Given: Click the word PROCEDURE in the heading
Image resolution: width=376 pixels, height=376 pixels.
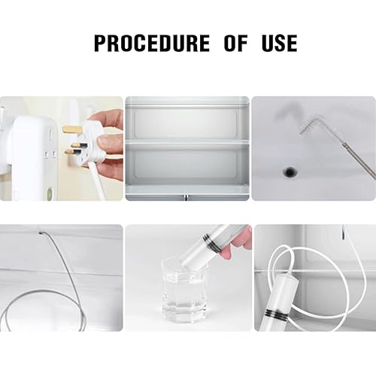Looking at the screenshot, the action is point(152,44).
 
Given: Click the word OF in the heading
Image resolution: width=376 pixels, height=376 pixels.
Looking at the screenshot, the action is point(235,44).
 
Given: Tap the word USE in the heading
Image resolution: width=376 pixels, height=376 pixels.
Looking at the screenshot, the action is point(280,44).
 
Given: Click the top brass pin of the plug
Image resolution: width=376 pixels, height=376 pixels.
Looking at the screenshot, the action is point(73,129).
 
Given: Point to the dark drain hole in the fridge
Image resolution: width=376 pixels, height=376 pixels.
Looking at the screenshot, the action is point(290,171).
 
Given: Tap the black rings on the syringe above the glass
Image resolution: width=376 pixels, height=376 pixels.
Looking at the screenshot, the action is point(212,242).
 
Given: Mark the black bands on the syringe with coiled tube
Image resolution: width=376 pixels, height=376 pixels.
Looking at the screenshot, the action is point(276,314).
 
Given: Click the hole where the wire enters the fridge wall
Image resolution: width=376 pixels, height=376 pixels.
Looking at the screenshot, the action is point(41,233).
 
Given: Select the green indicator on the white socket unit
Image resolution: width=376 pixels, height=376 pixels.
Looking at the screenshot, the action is point(50,193).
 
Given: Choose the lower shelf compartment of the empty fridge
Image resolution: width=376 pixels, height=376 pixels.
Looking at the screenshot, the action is point(187,164).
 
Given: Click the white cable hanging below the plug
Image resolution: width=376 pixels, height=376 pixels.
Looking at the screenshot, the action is point(99,182).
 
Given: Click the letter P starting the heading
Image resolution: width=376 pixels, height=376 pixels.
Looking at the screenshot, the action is point(101,44).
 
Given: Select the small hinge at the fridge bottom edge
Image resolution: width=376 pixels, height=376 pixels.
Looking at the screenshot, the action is point(185,197).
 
